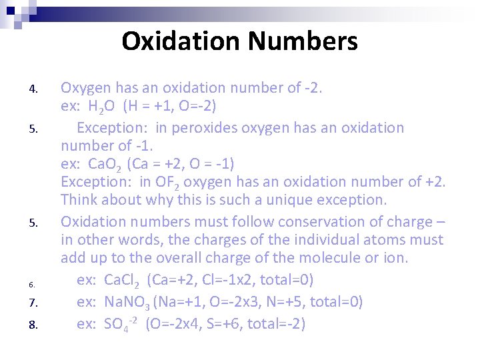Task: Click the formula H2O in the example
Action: (104, 107)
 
